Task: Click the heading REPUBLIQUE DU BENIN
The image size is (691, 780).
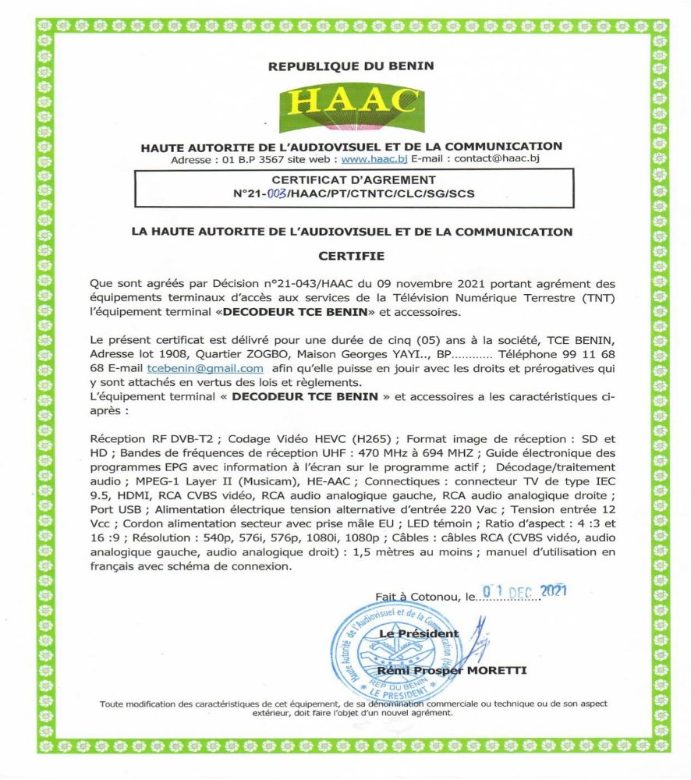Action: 351,66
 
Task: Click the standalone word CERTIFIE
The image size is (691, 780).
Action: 351,255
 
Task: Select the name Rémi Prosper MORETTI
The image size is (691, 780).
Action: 452,669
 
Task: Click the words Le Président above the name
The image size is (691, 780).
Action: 419,633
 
